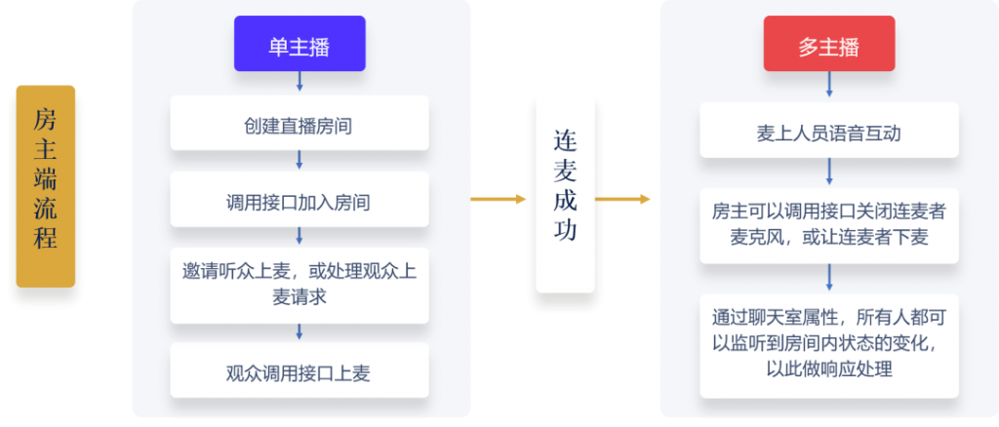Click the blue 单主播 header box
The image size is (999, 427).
click(x=300, y=43)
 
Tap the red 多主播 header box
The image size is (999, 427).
click(x=829, y=43)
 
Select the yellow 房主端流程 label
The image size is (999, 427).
click(x=46, y=186)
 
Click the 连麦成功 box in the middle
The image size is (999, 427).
click(x=565, y=194)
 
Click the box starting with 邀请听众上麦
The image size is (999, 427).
click(x=300, y=285)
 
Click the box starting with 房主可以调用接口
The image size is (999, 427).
click(x=829, y=225)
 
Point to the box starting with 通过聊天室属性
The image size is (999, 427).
click(x=829, y=345)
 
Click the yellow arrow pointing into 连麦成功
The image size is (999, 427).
click(x=499, y=199)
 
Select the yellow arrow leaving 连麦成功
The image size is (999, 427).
click(x=622, y=199)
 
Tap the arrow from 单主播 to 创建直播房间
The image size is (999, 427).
click(x=300, y=82)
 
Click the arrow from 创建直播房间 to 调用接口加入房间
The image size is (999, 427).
click(x=300, y=160)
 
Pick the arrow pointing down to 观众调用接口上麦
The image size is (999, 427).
click(x=300, y=331)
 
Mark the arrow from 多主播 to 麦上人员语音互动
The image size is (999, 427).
click(x=829, y=84)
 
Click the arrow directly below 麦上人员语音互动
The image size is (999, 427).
click(x=829, y=172)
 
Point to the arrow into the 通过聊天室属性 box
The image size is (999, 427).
click(x=829, y=277)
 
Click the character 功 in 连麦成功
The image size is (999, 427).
click(x=565, y=230)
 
